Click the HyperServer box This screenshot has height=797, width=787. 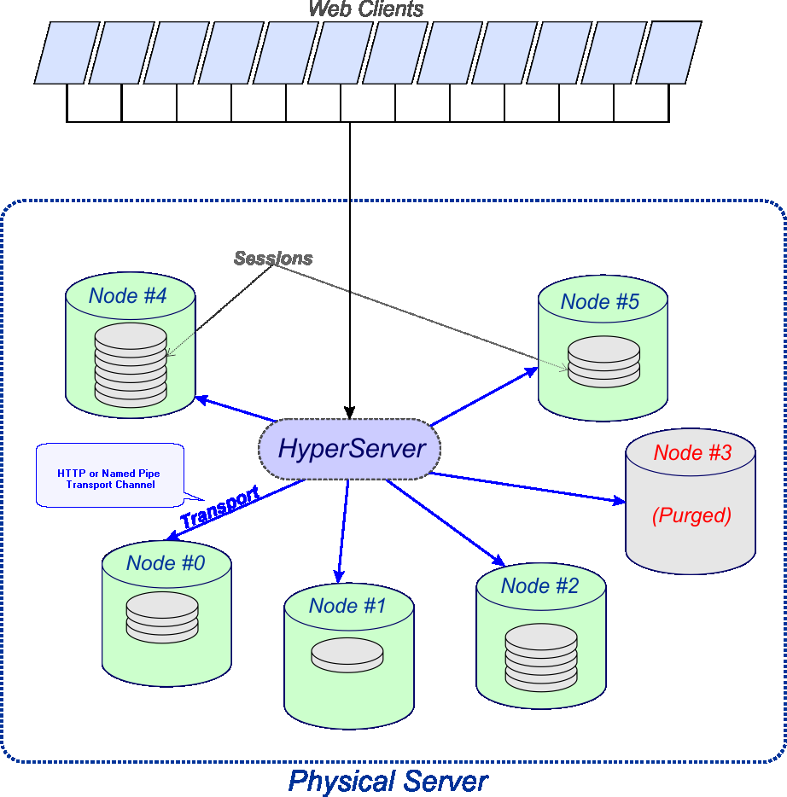pos(350,449)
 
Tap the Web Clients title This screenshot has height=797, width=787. pos(366,9)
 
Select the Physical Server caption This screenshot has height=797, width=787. pos(388,781)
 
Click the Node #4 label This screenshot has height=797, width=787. pos(128,296)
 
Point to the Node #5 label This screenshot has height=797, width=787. pos(600,301)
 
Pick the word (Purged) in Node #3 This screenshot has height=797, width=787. pos(691,515)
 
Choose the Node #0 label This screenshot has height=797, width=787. pos(166,563)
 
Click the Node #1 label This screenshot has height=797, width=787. pos(347,606)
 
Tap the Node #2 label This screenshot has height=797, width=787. pos(539,586)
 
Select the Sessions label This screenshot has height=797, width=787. pos(273,259)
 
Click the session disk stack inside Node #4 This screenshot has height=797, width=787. pos(131,364)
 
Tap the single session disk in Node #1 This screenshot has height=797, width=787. pos(347,654)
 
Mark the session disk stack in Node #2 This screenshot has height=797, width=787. pos(541,657)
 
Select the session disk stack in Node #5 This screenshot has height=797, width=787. pos(603,361)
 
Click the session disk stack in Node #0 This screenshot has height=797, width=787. pos(162,617)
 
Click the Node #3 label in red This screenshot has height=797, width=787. pos(692,453)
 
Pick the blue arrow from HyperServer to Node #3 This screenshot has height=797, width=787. pos(529,487)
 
